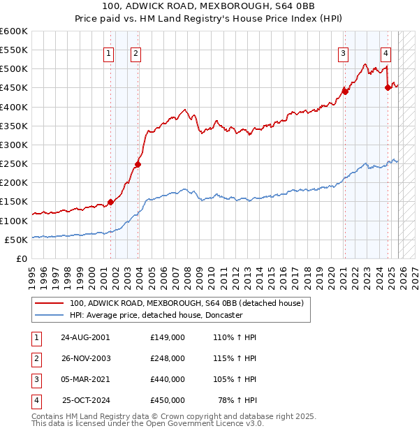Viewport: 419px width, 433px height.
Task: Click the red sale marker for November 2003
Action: click(x=138, y=165)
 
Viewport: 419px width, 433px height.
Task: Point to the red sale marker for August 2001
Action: click(x=110, y=202)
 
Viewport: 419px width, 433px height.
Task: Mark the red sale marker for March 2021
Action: click(x=345, y=91)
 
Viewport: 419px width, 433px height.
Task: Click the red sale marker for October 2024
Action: click(x=388, y=87)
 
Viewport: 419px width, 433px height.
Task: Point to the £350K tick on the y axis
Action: click(x=14, y=126)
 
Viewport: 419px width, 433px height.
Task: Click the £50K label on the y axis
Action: click(x=15, y=240)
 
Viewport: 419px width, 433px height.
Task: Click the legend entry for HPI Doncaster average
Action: click(x=156, y=315)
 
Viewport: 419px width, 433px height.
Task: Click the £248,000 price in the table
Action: click(x=168, y=358)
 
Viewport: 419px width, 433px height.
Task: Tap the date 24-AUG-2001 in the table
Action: click(x=85, y=337)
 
